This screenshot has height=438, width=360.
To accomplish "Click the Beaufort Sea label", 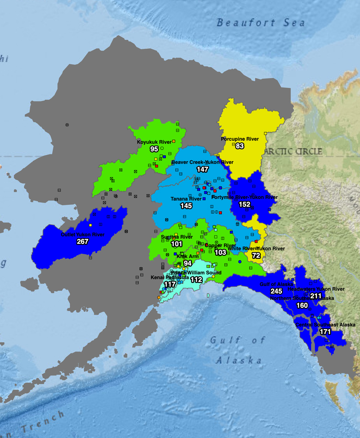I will click(261, 23).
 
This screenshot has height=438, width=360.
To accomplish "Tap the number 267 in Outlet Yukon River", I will click(82, 242).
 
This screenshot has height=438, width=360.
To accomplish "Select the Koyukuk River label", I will click(154, 142).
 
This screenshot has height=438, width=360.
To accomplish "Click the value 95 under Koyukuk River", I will click(154, 149).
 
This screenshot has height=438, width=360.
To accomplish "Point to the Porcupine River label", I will click(240, 139).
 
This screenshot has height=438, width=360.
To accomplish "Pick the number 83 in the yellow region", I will click(240, 146).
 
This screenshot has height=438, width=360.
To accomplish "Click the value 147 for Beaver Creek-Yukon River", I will click(203, 169).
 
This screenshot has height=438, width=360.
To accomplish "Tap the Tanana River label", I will click(186, 199).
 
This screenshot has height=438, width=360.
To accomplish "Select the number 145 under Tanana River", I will click(186, 206).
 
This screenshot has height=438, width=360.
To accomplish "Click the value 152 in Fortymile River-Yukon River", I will click(244, 204).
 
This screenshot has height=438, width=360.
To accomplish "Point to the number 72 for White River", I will click(256, 256).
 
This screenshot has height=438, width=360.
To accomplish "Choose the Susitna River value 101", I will click(177, 244).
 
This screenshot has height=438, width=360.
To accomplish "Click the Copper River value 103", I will click(220, 252).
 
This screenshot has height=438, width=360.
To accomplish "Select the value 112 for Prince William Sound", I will click(197, 280).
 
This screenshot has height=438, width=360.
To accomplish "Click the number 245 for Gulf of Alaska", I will click(276, 291).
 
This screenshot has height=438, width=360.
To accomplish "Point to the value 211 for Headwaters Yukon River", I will click(316, 296).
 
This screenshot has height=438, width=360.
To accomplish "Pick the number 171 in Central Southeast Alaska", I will click(325, 332).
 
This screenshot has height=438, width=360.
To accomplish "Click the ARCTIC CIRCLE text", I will click(293, 151).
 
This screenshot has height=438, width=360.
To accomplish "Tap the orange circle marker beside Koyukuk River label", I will click(174, 141).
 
